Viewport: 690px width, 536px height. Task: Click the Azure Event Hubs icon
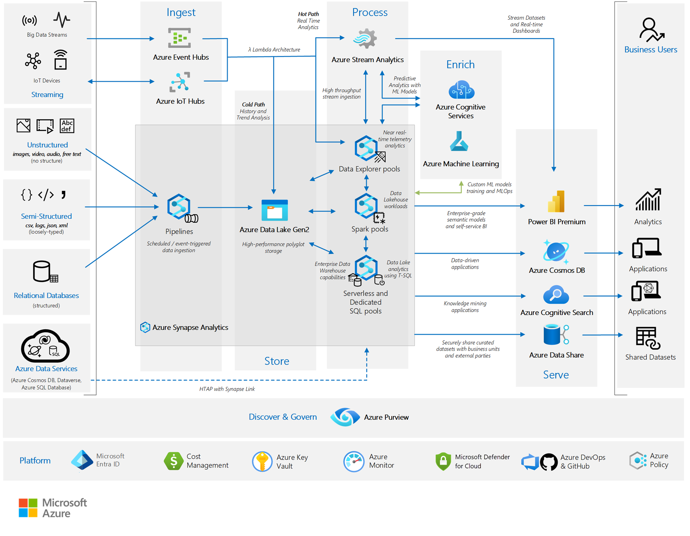click(179, 38)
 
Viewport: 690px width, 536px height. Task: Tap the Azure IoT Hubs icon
click(180, 82)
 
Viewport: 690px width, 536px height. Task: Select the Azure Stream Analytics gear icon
click(365, 39)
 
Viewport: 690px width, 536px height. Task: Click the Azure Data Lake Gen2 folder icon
click(275, 210)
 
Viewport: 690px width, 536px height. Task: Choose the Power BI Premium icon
click(556, 202)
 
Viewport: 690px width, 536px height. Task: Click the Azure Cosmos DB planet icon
click(555, 252)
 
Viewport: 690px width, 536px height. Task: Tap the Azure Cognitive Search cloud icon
click(556, 295)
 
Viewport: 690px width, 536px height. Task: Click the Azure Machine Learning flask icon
click(459, 142)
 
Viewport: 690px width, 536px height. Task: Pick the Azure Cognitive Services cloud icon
click(461, 90)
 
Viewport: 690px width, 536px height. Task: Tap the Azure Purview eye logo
click(345, 417)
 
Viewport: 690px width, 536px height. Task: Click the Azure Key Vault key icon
click(262, 461)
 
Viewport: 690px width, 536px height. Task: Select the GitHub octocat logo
click(548, 462)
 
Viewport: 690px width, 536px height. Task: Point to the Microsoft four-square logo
click(28, 508)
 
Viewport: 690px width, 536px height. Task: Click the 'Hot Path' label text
click(308, 14)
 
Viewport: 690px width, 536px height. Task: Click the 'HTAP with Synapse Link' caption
click(227, 389)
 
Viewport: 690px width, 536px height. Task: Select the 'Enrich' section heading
click(460, 65)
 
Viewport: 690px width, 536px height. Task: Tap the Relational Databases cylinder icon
click(42, 271)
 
